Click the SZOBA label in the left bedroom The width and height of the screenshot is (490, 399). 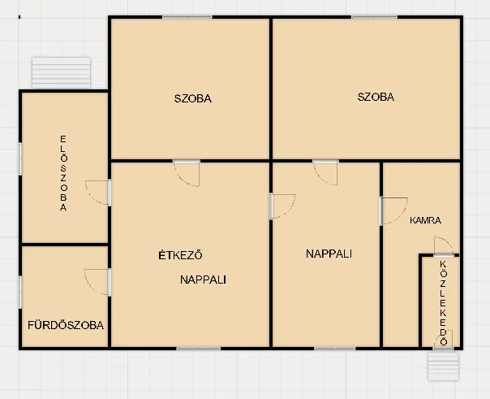click(193, 98)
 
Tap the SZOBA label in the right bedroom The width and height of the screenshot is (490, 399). click(376, 97)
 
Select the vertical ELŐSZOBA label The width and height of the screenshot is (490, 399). click(63, 173)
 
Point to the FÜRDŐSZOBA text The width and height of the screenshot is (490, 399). click(66, 325)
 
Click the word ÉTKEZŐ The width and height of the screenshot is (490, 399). click(180, 255)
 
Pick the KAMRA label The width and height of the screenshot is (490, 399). click(425, 220)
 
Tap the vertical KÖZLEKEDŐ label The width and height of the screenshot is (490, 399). click(444, 303)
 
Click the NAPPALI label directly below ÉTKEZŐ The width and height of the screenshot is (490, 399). click(203, 280)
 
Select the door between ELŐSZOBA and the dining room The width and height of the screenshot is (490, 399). click(98, 193)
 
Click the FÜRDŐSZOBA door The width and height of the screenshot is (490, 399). click(97, 282)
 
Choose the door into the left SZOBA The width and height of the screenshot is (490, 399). click(187, 173)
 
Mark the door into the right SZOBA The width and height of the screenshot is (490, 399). click(325, 172)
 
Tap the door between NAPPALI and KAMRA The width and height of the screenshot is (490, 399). click(393, 211)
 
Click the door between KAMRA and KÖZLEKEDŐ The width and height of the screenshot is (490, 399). click(444, 246)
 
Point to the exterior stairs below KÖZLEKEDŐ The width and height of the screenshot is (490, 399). click(443, 366)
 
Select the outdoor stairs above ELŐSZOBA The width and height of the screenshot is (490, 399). click(62, 72)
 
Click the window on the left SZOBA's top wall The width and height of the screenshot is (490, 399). click(187, 17)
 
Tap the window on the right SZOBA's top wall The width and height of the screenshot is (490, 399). click(374, 17)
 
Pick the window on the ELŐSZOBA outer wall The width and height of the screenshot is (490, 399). click(20, 158)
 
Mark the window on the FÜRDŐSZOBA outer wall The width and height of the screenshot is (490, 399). click(20, 292)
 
